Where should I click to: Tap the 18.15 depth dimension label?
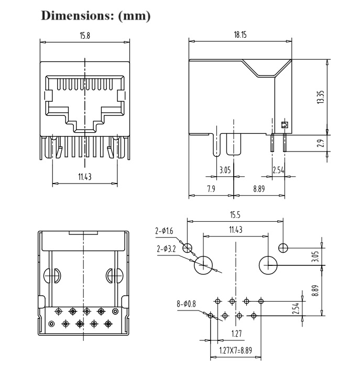pyautogui.click(x=240, y=35)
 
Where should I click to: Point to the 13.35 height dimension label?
pyautogui.click(x=321, y=97)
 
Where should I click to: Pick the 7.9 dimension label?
pyautogui.click(x=211, y=189)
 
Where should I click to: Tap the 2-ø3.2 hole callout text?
pyautogui.click(x=167, y=249)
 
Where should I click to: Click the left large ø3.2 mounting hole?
pyautogui.click(x=204, y=265)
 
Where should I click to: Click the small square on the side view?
pyautogui.click(x=285, y=125)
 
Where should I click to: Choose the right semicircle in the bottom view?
pyautogui.click(x=115, y=275)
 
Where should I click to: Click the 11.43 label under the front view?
pyautogui.click(x=85, y=177)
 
